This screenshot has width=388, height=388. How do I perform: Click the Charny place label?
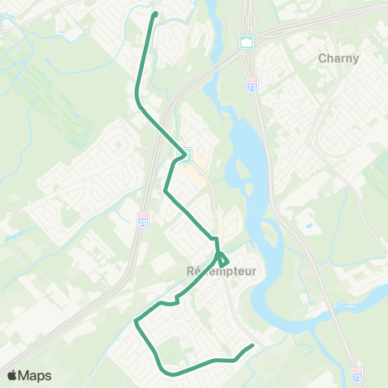click(339, 58)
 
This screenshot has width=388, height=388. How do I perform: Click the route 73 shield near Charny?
click(253, 82)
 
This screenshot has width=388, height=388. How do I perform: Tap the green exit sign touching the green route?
click(185, 154)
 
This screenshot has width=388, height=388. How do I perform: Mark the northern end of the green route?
click(154, 13)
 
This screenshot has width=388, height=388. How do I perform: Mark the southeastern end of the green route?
click(252, 346)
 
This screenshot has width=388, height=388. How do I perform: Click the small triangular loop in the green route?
click(223, 260)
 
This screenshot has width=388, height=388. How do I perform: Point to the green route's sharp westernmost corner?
click(135, 321)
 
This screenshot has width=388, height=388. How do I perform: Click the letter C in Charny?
click(323, 58)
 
